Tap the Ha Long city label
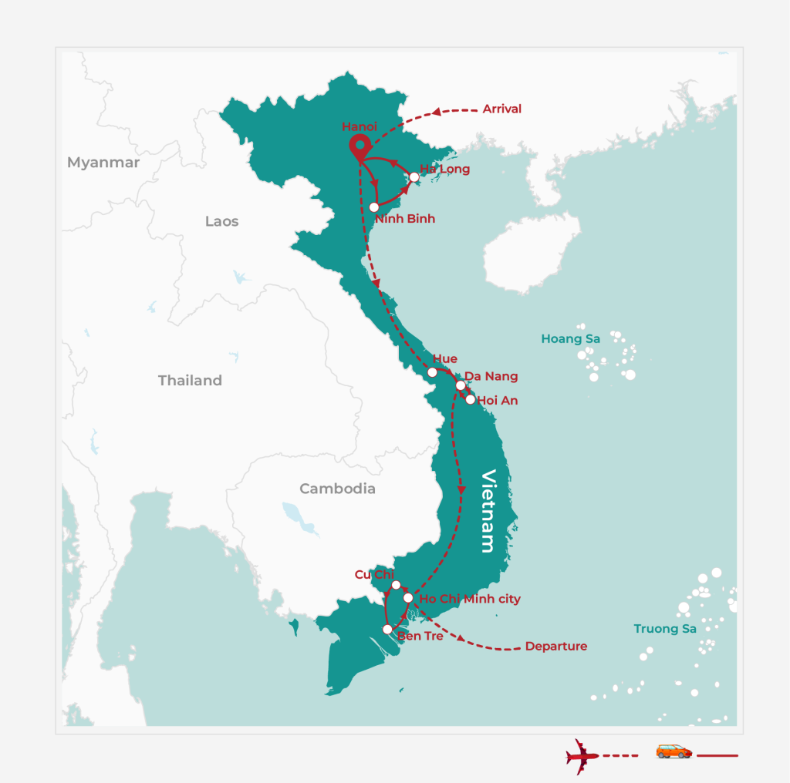[x=444, y=169]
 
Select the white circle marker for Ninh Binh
[x=374, y=207]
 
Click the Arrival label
[x=501, y=109]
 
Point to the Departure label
[x=555, y=647]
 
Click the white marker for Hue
[x=432, y=372]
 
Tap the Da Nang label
[x=491, y=377]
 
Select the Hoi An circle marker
[x=470, y=399]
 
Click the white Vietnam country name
[x=488, y=510]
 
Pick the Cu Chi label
[x=374, y=575]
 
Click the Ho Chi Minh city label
[x=469, y=599]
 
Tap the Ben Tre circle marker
[x=387, y=630]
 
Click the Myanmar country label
[x=103, y=163]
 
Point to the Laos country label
[x=221, y=222]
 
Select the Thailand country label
[x=190, y=381]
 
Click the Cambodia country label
[x=337, y=489]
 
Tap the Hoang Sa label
[x=570, y=339]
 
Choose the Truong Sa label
[x=665, y=629]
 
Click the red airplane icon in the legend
[x=582, y=756]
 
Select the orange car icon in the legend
[x=674, y=751]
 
